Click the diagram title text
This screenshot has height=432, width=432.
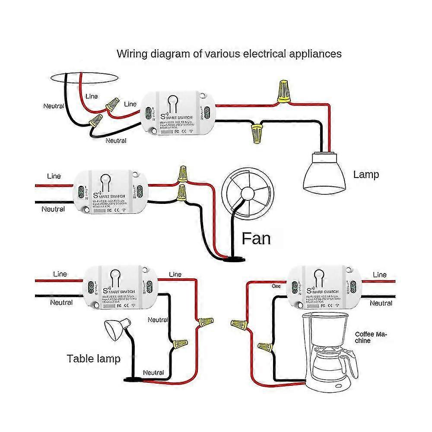click(x=229, y=54)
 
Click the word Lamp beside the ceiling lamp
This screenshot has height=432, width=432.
click(x=366, y=175)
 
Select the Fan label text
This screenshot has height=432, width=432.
click(x=256, y=238)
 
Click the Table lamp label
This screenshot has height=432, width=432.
click(x=94, y=358)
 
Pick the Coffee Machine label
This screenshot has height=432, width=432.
click(x=371, y=337)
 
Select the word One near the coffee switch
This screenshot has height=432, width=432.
click(x=276, y=286)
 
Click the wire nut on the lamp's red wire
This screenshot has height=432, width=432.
click(x=284, y=91)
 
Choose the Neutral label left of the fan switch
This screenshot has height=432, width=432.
click(x=53, y=209)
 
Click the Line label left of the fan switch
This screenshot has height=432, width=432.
click(x=54, y=176)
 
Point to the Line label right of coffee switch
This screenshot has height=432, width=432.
click(x=379, y=275)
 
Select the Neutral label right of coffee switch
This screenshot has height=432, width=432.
click(x=381, y=303)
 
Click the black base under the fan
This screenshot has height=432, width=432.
click(x=232, y=259)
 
